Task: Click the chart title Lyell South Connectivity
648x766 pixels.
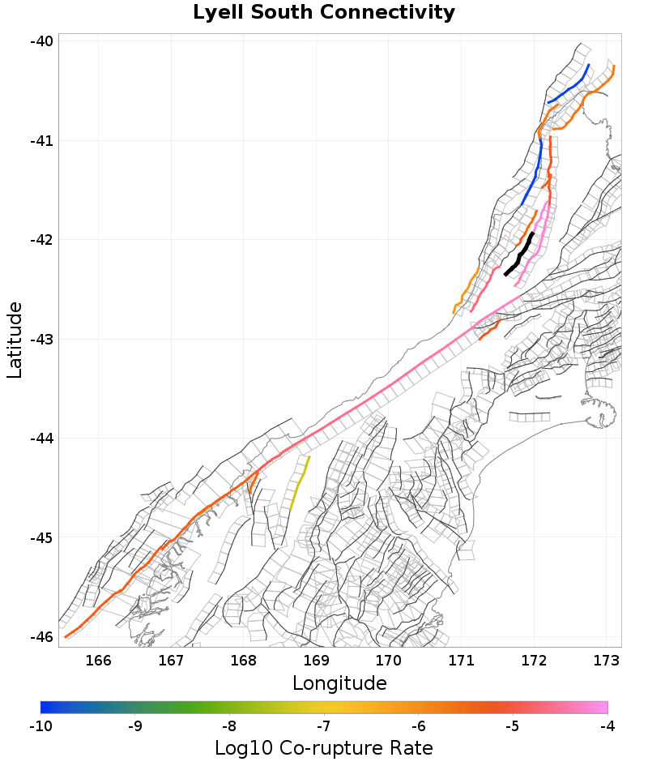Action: click(x=324, y=13)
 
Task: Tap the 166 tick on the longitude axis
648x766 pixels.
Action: click(x=99, y=661)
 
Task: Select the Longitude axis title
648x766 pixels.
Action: click(x=339, y=683)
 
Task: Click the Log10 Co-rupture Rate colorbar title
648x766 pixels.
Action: click(x=324, y=747)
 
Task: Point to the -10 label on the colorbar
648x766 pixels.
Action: click(x=40, y=725)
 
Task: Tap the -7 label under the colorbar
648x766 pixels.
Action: click(x=323, y=725)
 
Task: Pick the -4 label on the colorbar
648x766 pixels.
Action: click(x=607, y=725)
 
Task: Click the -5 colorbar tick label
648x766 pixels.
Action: click(x=512, y=725)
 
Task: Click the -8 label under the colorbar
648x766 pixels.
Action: click(x=229, y=725)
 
